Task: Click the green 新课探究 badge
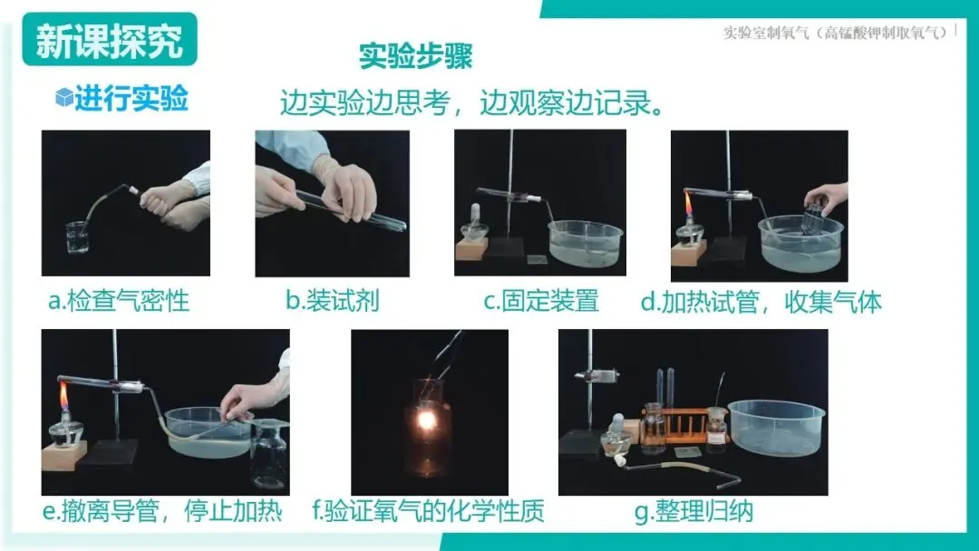pyautogui.click(x=110, y=39)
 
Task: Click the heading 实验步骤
pyautogui.click(x=416, y=56)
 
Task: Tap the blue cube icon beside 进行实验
pyautogui.click(x=64, y=97)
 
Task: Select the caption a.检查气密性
pyautogui.click(x=119, y=301)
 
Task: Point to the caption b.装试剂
pyautogui.click(x=332, y=300)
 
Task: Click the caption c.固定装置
pyautogui.click(x=540, y=301)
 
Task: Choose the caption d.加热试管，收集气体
pyautogui.click(x=761, y=302)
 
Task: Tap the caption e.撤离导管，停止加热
pyautogui.click(x=162, y=511)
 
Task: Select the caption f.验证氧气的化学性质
pyautogui.click(x=428, y=510)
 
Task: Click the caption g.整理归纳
pyautogui.click(x=693, y=511)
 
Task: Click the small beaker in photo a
pyautogui.click(x=77, y=237)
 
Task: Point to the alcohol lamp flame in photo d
pyautogui.click(x=689, y=204)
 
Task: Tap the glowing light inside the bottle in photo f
pyautogui.click(x=426, y=420)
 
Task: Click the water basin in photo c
pyautogui.click(x=586, y=243)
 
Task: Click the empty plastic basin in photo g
pyautogui.click(x=776, y=428)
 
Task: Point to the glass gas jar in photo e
pyautogui.click(x=269, y=453)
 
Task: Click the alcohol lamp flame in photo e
pyautogui.click(x=63, y=396)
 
